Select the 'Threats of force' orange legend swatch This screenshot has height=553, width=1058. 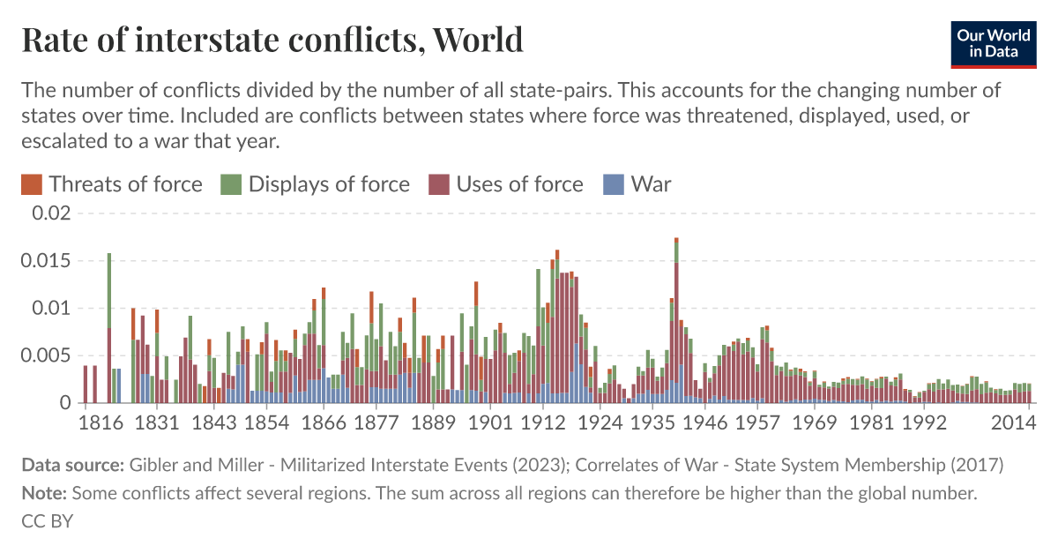pyautogui.click(x=31, y=184)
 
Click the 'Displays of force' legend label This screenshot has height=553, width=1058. pyautogui.click(x=328, y=184)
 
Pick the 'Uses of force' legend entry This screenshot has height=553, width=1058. pyautogui.click(x=518, y=184)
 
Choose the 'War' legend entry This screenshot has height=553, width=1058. pyautogui.click(x=651, y=184)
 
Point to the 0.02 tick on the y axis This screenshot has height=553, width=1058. pyautogui.click(x=49, y=213)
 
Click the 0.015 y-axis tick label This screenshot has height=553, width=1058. pyautogui.click(x=44, y=261)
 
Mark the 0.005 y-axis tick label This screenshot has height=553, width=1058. pyautogui.click(x=44, y=356)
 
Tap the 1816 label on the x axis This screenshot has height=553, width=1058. pyautogui.click(x=100, y=423)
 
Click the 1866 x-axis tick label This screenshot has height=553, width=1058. pyautogui.click(x=323, y=423)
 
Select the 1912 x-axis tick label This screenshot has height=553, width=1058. pyautogui.click(x=542, y=423)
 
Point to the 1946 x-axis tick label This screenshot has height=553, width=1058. pyautogui.click(x=705, y=423)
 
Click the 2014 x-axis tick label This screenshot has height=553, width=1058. pyautogui.click(x=1013, y=423)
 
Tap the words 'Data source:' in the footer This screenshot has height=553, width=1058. pyautogui.click(x=72, y=465)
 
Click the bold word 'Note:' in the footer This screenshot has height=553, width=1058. pyautogui.click(x=44, y=494)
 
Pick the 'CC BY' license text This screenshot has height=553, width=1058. pyautogui.click(x=47, y=521)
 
